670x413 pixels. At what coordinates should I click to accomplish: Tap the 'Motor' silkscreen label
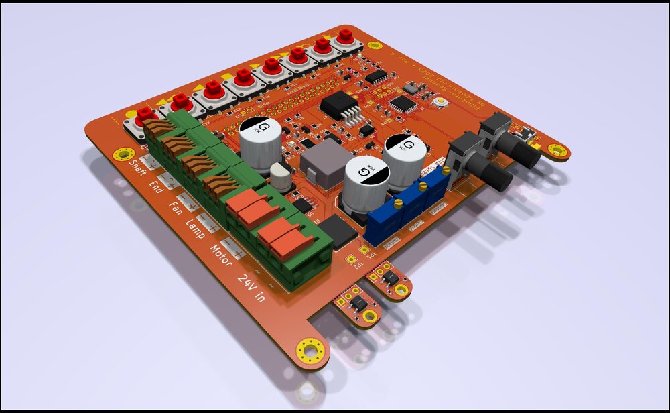pos(221,255)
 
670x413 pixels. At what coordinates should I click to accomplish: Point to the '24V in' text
pos(251,286)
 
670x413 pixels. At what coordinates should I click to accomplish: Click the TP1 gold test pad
pos(365,251)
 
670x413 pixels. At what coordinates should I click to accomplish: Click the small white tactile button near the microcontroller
pos(441,102)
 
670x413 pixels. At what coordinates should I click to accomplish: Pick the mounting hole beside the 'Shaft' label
pos(123,154)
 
